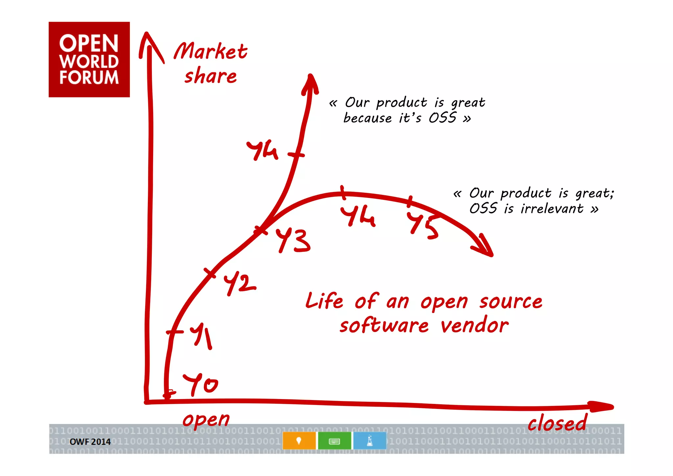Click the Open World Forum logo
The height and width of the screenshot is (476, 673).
(89, 59)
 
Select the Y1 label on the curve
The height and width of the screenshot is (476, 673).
(201, 335)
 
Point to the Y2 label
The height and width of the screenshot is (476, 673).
(239, 284)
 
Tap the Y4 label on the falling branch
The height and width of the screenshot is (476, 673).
(358, 216)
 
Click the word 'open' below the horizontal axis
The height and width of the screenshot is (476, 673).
(206, 420)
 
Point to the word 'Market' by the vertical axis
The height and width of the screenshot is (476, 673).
(211, 51)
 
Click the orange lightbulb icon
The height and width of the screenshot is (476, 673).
(299, 440)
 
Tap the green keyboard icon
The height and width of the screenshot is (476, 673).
(334, 440)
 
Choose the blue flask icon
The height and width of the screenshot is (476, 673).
(370, 440)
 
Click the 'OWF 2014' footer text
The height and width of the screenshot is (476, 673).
(90, 442)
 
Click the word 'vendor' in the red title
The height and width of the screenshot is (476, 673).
(475, 325)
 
